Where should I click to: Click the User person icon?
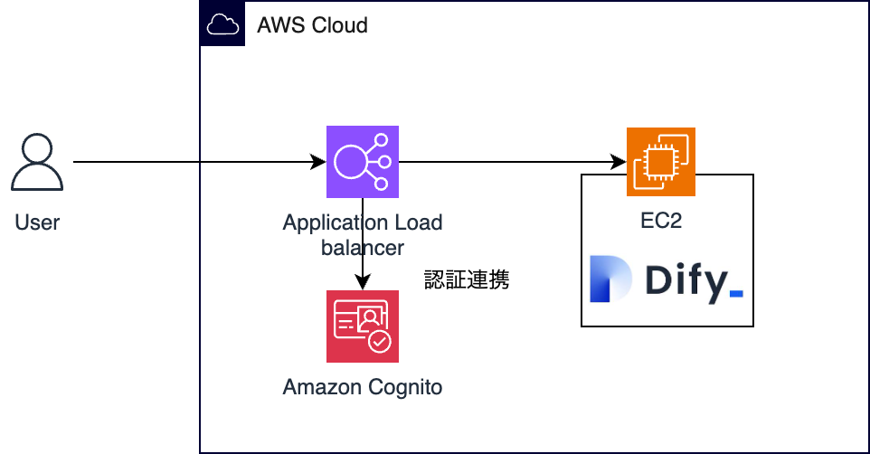pos(36,162)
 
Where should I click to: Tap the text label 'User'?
pos(36,222)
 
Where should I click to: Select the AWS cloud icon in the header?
pos(222,24)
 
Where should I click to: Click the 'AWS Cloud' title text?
pos(312,25)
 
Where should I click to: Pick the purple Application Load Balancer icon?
pos(363,162)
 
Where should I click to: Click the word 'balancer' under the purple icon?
pos(363,248)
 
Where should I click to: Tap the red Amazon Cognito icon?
pos(363,326)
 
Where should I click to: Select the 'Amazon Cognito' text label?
pos(363,387)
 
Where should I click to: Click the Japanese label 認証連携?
pos(467,279)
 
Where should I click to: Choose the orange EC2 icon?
pos(661,162)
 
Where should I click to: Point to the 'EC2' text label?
pos(661,221)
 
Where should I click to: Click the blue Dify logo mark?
pos(610,279)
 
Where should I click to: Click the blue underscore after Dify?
pos(736,294)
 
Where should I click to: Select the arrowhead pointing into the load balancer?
pos(318,162)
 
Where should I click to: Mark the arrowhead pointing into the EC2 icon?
pos(619,162)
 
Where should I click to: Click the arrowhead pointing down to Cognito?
pos(363,282)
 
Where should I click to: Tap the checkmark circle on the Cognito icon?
pos(380,342)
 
